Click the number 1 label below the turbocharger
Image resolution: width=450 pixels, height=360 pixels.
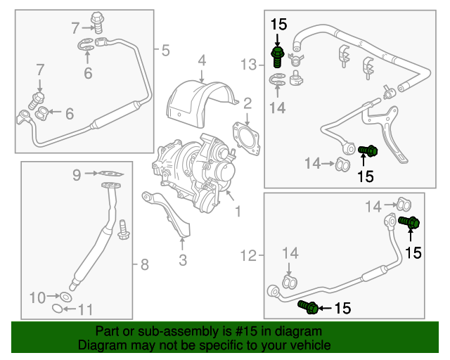238,210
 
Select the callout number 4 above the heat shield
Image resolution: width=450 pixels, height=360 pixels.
201,60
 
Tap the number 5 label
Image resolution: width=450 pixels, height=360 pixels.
165,50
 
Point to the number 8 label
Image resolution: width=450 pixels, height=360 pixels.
144,265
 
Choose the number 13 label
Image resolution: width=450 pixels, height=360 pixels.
250,65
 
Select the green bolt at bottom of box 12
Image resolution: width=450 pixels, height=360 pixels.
307,306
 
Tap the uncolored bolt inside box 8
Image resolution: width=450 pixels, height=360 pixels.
124,230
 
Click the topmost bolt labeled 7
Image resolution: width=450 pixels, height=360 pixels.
98,21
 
